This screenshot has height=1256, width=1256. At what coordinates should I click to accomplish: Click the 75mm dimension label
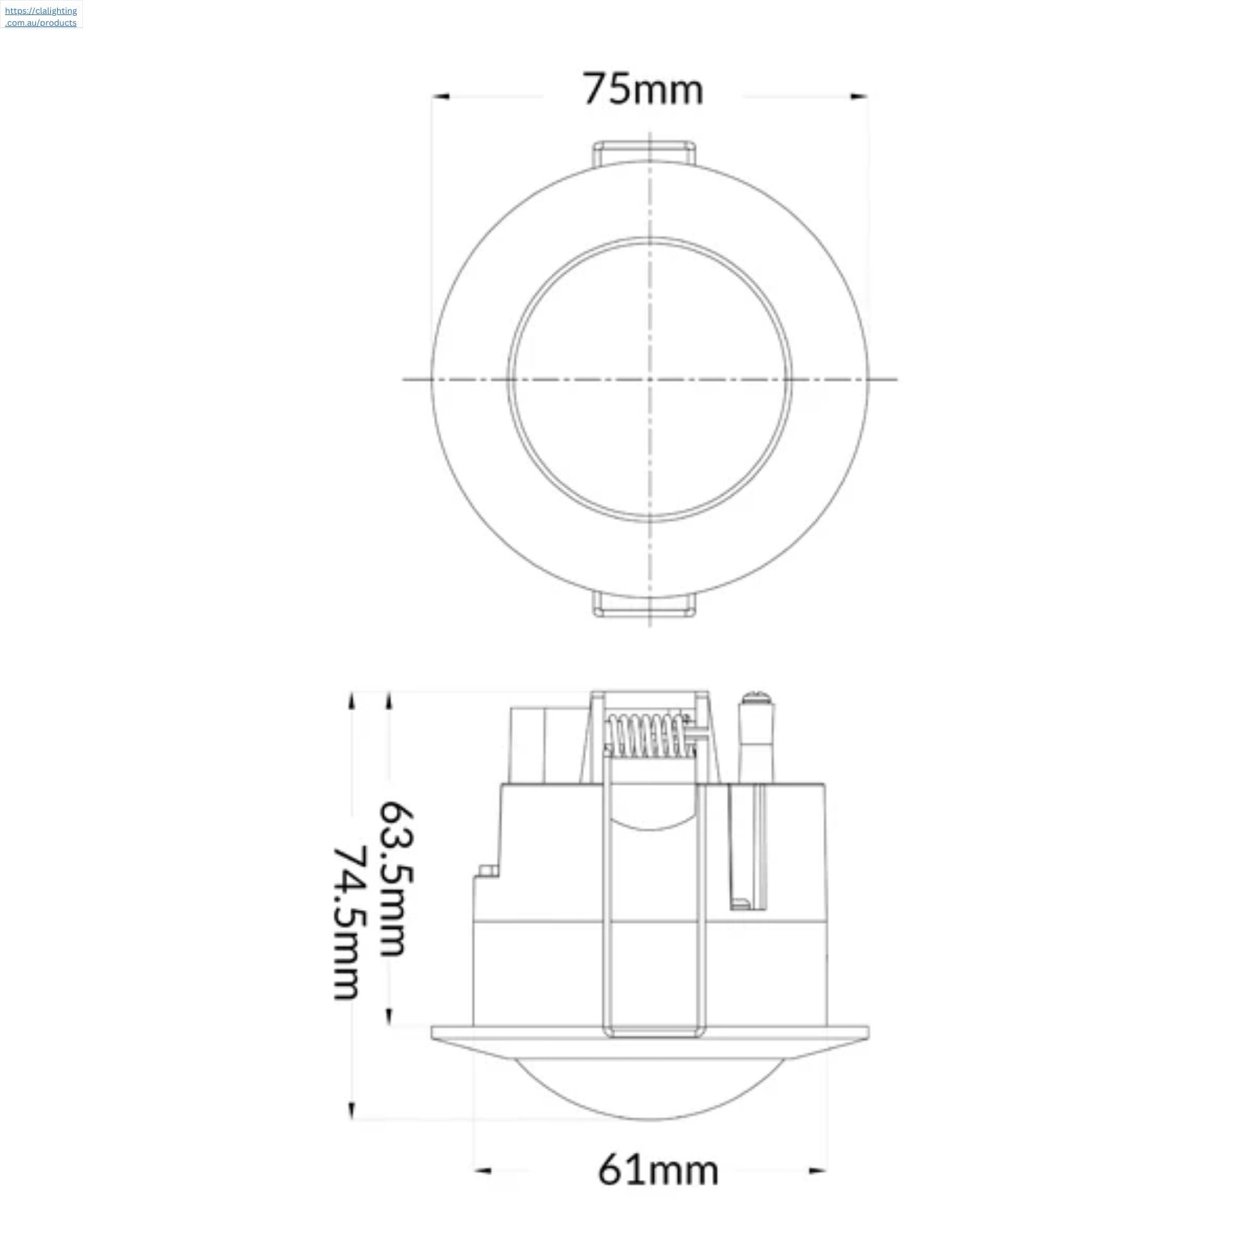(643, 90)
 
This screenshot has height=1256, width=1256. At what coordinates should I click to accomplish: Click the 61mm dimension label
(658, 1170)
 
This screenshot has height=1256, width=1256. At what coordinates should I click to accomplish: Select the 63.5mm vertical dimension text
(396, 879)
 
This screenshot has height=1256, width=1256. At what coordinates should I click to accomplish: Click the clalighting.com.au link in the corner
(41, 16)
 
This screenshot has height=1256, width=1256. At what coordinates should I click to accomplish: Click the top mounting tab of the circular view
(644, 152)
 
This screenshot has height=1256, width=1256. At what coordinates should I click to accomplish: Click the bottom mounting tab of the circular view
(644, 605)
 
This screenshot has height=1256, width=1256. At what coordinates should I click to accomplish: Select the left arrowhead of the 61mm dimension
(483, 1171)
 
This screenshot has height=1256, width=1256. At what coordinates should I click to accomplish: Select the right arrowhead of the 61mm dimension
(817, 1171)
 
